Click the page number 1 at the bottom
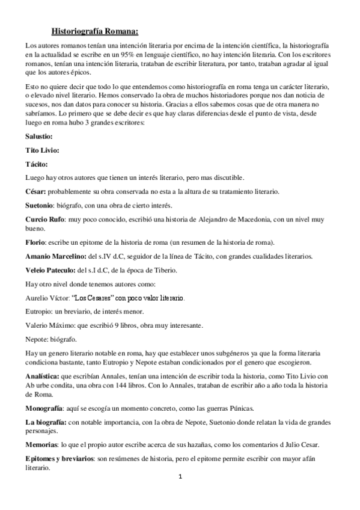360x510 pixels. click(x=180, y=478)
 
